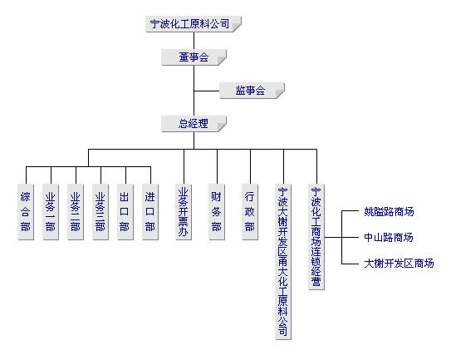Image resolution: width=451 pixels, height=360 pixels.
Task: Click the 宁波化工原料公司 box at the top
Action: tap(194, 24)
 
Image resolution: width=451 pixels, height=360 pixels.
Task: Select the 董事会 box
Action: tap(194, 57)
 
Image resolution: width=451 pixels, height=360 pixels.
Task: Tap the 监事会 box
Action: tap(252, 91)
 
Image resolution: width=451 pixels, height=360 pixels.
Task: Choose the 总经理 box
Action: tap(194, 124)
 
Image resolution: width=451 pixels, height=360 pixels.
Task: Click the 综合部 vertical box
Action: tap(26, 212)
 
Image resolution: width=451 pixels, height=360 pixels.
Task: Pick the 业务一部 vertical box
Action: tap(51, 212)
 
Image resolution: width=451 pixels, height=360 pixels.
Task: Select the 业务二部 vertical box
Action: tap(76, 212)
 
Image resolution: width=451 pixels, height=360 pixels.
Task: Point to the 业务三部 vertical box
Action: tap(100, 212)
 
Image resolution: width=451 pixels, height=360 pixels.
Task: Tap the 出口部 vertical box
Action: tap(125, 212)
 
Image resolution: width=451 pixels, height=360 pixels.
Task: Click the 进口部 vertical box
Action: tap(150, 212)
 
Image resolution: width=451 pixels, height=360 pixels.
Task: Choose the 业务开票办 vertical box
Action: tap(184, 212)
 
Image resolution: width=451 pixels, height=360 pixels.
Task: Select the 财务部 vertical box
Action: tap(217, 212)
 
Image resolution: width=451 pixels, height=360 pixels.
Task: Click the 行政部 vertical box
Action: tap(250, 212)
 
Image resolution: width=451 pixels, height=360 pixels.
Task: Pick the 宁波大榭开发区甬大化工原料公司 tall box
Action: tap(283, 262)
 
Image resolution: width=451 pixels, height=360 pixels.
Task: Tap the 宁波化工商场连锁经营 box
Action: tap(316, 237)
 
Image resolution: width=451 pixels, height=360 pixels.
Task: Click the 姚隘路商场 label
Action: tap(389, 212)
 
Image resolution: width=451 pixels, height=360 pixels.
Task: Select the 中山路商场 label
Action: tap(389, 238)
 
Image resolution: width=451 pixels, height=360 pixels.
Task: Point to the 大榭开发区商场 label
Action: tap(399, 264)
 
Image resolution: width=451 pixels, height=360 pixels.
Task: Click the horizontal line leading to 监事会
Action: tap(207, 91)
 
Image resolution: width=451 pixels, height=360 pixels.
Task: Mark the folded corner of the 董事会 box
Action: tap(222, 61)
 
